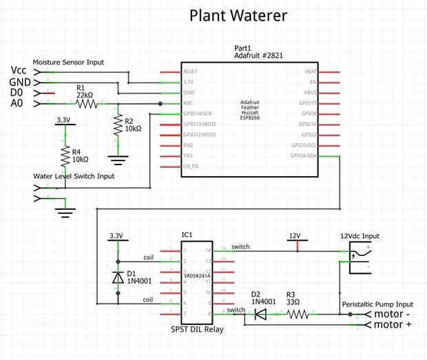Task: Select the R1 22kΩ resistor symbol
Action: point(87,103)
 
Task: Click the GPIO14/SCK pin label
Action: point(198,114)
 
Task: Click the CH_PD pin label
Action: point(191,167)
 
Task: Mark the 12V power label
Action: point(295,236)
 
